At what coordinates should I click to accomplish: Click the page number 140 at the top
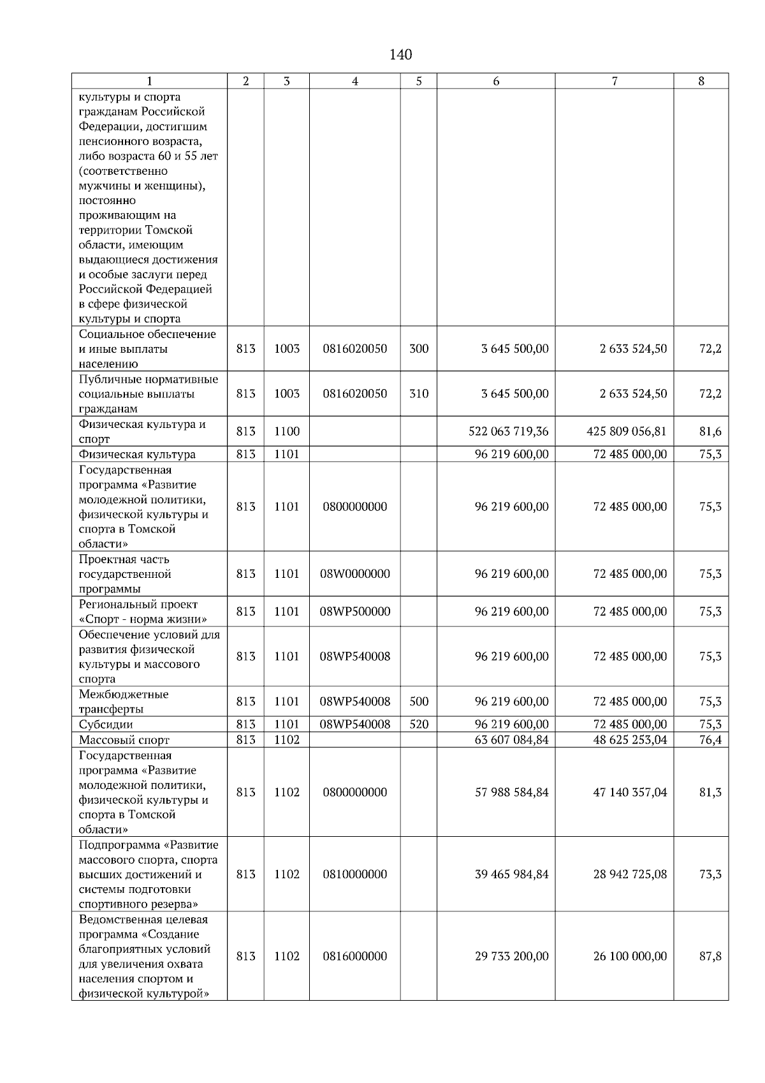coord(400,55)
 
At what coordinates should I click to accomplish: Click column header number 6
coord(495,81)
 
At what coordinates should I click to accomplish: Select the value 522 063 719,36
coord(508,432)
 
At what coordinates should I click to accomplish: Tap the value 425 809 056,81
coord(626,432)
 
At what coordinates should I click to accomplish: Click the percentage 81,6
coord(710,432)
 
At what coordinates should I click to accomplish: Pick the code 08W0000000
coord(354,574)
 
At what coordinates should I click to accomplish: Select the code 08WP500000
coord(354,612)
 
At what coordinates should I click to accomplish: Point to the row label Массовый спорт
coord(124,740)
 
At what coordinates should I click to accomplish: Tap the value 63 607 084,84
coord(511,740)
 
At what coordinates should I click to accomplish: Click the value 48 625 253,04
coord(630,740)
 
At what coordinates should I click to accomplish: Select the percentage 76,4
coord(710,740)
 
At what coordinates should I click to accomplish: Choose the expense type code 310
coord(418,394)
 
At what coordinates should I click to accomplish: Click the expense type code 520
coord(418,725)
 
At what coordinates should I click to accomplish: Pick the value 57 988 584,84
coord(511,792)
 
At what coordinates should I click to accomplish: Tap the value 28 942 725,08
coord(630,874)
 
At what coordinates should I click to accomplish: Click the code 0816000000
coord(354,956)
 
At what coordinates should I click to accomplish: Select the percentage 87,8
coord(710,956)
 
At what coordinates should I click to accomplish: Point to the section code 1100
coord(287,432)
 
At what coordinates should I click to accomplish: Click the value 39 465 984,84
coord(511,874)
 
